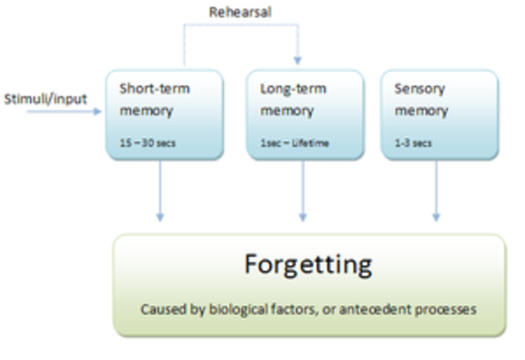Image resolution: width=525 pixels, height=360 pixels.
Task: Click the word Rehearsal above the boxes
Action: click(240, 12)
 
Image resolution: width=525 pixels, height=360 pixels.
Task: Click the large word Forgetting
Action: click(308, 265)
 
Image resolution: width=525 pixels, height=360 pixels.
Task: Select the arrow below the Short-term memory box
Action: click(160, 190)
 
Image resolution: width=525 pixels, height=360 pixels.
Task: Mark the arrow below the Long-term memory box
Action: click(304, 190)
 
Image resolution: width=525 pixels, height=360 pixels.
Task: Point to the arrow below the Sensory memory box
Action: click(436, 190)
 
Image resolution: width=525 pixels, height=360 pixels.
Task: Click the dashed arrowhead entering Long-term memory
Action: click(298, 61)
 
